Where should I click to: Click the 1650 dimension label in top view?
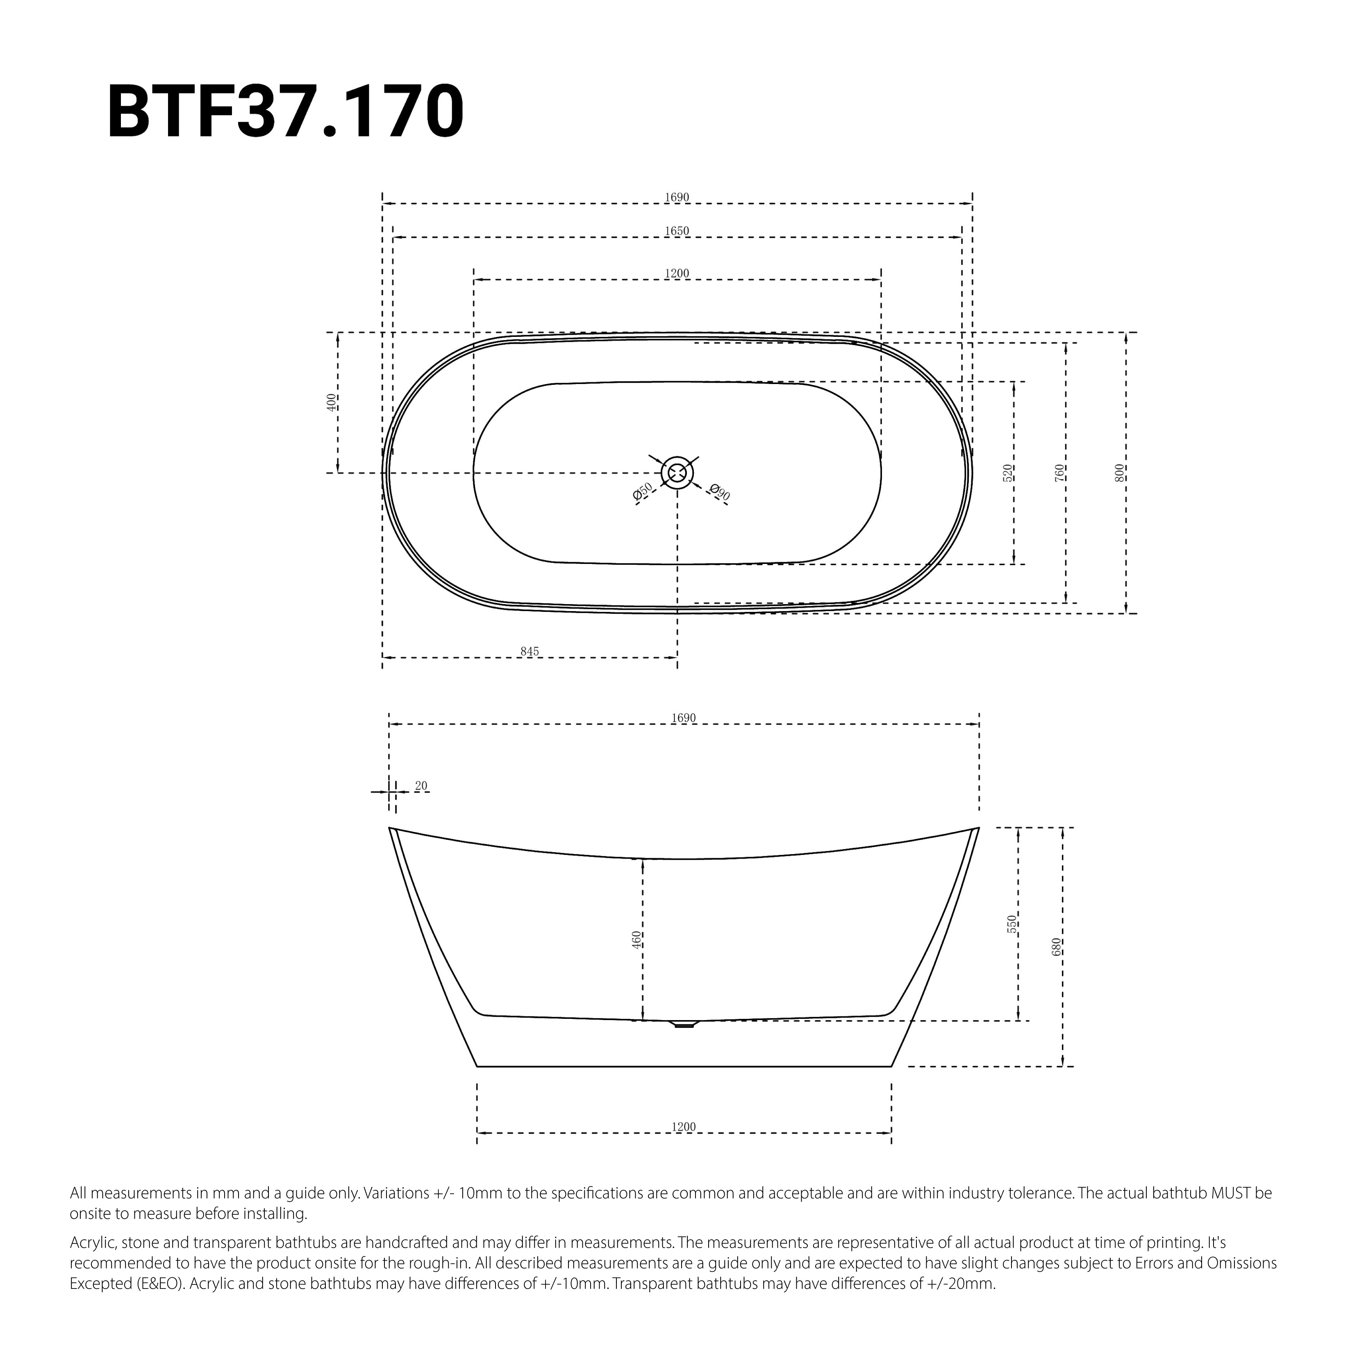tap(677, 231)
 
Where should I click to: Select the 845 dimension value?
tap(530, 651)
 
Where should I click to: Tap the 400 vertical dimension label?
tap(331, 402)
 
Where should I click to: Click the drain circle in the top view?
tap(677, 472)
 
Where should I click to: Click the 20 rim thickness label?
tap(421, 786)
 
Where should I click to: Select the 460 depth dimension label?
tap(636, 940)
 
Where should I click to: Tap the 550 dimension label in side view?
tap(1012, 924)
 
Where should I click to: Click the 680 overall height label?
tap(1056, 947)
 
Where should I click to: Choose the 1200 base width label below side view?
tap(684, 1127)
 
